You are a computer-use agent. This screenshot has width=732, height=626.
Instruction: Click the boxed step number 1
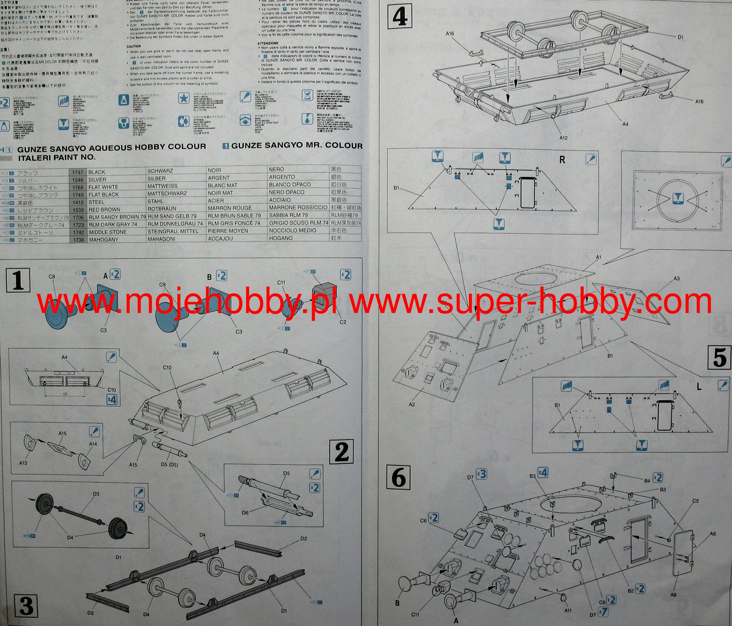[18, 280]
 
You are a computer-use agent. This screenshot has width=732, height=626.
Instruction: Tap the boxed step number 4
[400, 17]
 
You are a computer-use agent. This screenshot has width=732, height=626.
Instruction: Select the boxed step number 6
[399, 478]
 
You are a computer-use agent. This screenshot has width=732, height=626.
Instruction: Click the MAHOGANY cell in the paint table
[103, 240]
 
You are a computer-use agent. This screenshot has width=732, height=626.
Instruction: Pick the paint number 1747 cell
[78, 172]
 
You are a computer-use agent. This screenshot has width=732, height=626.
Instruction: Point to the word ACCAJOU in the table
[220, 239]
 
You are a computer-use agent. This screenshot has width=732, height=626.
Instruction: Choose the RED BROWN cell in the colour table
[104, 210]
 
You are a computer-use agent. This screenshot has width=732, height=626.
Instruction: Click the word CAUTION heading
[134, 47]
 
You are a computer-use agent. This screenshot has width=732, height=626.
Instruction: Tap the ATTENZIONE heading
[268, 43]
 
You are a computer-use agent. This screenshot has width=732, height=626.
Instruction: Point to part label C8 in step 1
[52, 277]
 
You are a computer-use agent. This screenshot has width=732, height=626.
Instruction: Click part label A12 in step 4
[563, 138]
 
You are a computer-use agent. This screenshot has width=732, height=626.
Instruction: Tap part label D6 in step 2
[245, 513]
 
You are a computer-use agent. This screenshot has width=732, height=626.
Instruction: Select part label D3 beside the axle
[96, 494]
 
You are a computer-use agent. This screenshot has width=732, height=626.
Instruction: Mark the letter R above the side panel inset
[562, 160]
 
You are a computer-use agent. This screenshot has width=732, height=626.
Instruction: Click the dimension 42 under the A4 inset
[65, 394]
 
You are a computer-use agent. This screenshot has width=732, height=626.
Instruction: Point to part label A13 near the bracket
[23, 463]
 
